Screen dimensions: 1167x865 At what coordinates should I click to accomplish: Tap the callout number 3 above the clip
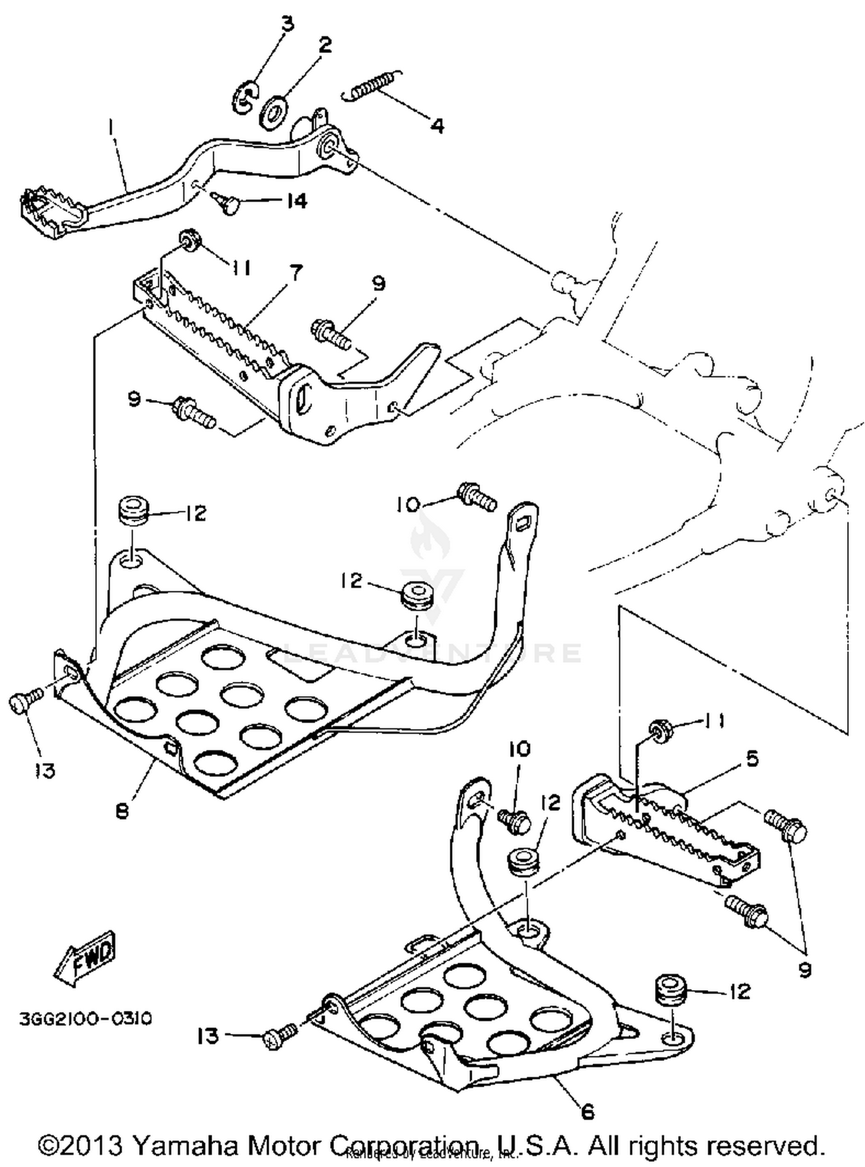287,24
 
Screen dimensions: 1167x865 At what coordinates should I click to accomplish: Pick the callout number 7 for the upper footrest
295,271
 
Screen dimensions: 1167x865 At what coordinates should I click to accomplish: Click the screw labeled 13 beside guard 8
24,703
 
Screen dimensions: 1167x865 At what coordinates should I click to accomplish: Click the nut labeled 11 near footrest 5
659,731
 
